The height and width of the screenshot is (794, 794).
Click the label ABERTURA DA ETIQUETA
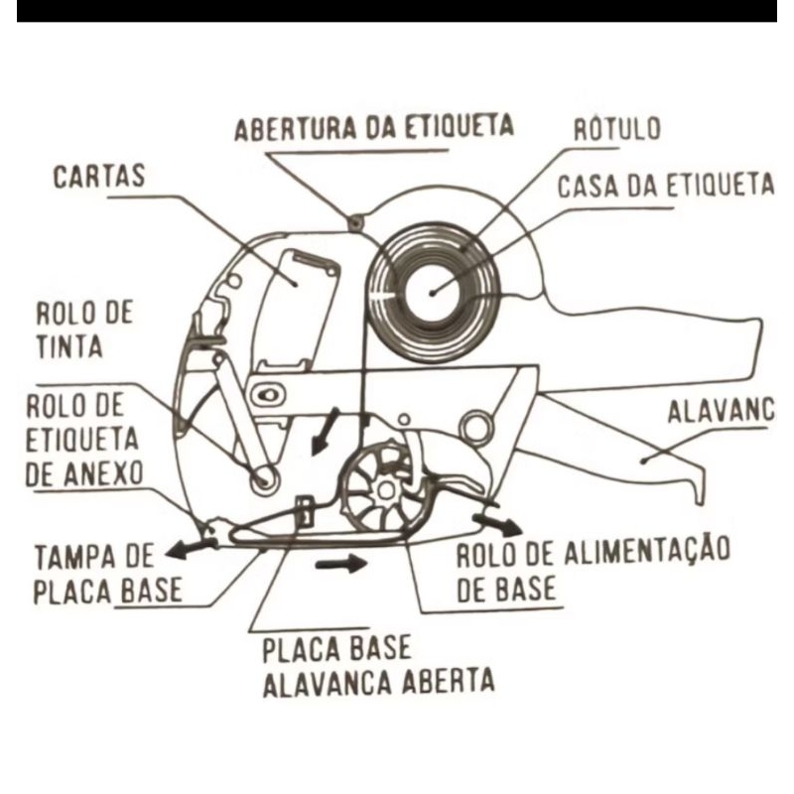(374, 128)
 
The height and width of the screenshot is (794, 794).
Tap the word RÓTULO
(617, 129)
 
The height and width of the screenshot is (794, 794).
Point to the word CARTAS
(99, 178)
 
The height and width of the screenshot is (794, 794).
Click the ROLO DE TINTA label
(83, 329)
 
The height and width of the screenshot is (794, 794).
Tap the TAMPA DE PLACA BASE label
(107, 573)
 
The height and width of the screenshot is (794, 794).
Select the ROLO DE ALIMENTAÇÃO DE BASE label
(593, 569)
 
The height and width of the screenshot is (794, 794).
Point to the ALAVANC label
(720, 410)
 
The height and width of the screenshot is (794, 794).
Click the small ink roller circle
(265, 478)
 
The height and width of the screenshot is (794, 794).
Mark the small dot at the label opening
(353, 220)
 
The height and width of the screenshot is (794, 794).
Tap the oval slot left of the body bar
(265, 396)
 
